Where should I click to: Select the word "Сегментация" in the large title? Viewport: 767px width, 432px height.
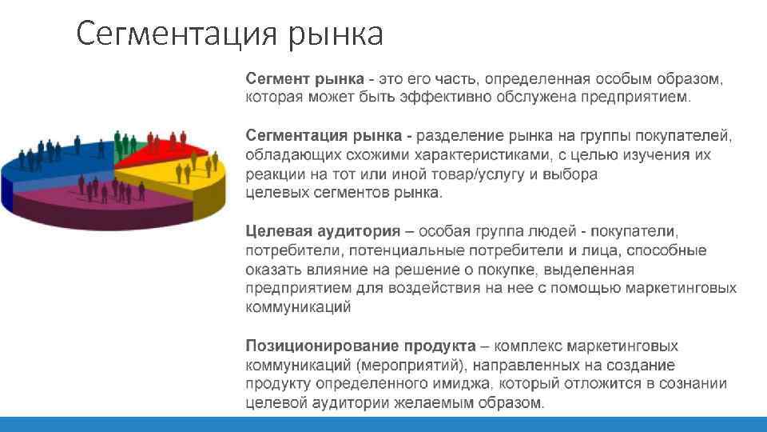pos(177,35)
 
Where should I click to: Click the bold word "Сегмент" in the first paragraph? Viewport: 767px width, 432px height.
pos(278,78)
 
